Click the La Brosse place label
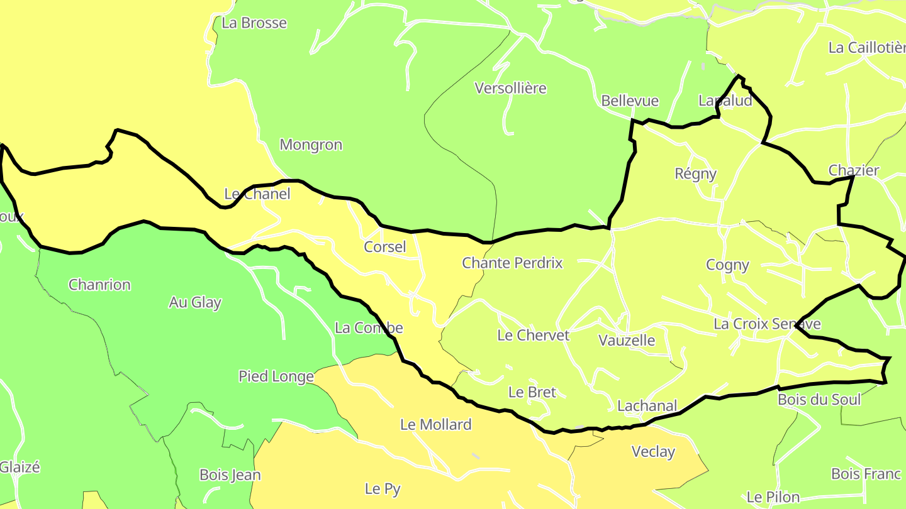tap(254, 23)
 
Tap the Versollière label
tap(511, 88)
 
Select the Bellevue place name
tap(630, 101)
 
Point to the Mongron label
tap(311, 145)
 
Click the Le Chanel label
tap(257, 194)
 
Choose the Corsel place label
tap(385, 247)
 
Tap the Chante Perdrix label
tap(512, 263)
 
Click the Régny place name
tap(695, 173)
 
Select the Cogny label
tap(727, 265)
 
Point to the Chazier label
tap(854, 170)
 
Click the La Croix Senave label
tap(767, 324)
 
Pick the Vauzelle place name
tap(627, 341)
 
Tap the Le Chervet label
tap(533, 335)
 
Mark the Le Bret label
tap(532, 392)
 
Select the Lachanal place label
tap(647, 406)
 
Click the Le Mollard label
tap(435, 424)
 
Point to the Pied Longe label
tap(276, 376)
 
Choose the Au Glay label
tap(195, 302)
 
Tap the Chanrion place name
tap(99, 285)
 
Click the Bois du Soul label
tap(819, 400)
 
